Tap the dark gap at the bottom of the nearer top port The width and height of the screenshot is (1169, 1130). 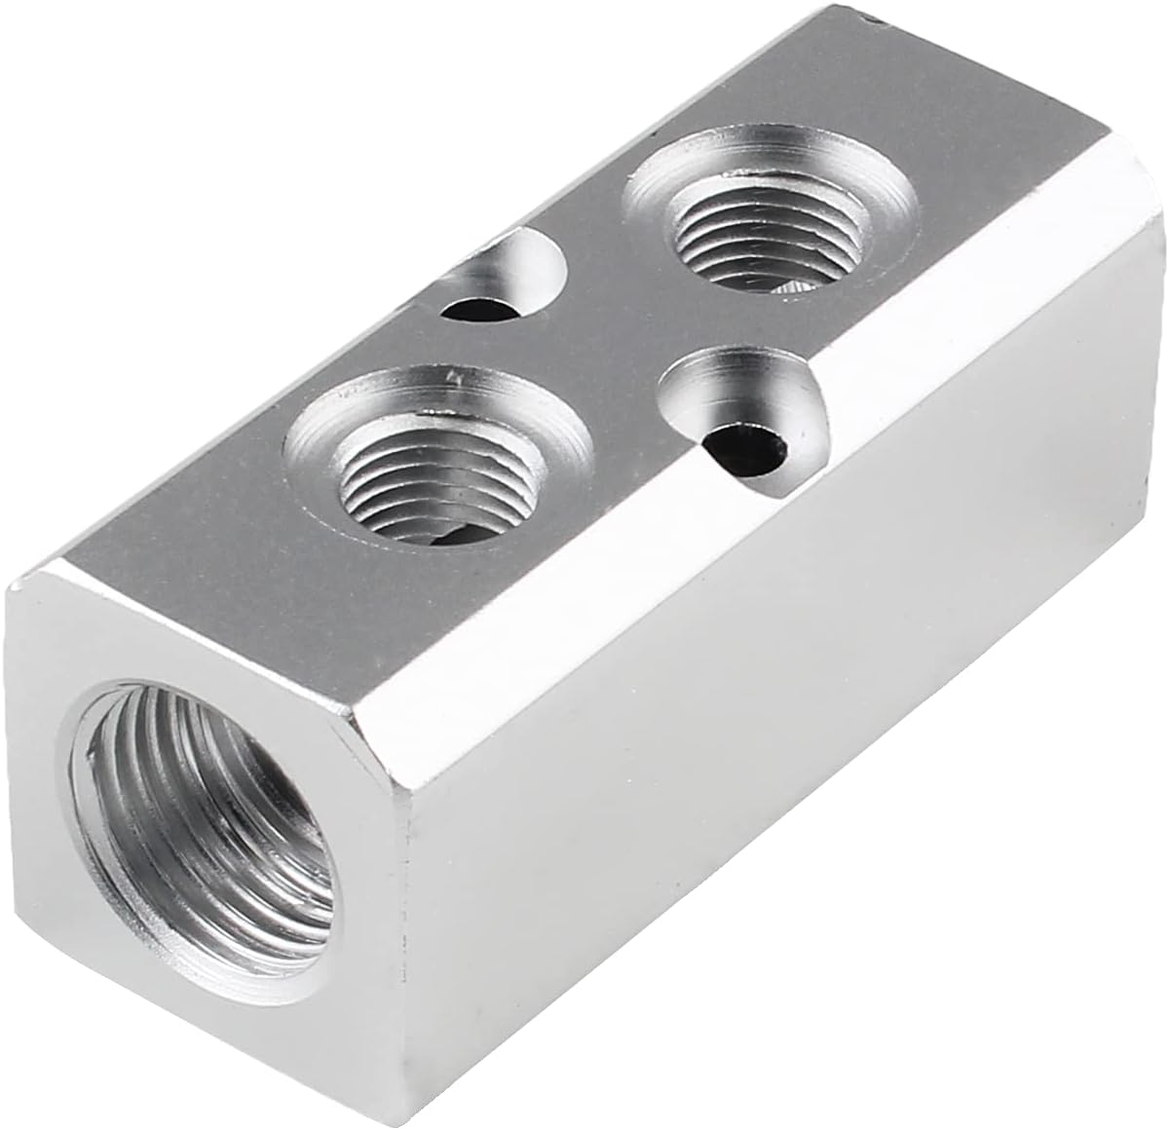click(x=458, y=536)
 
